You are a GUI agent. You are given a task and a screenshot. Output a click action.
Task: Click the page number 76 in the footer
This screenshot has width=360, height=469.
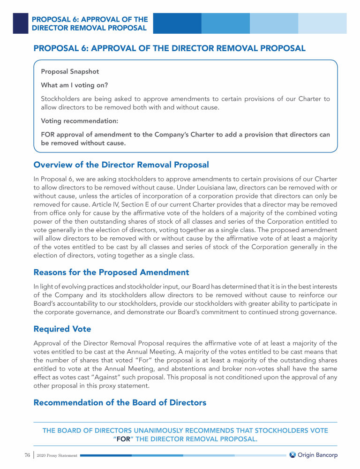[x=27, y=455]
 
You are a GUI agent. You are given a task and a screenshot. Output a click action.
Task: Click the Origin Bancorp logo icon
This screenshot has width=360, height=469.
[x=292, y=454]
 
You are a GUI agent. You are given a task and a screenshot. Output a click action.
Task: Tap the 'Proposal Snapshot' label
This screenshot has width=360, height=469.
[x=70, y=72]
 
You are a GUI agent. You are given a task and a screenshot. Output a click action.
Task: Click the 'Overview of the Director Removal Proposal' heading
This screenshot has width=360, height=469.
[x=121, y=165]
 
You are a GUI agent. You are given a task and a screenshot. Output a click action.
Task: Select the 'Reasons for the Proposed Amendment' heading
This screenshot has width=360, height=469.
[x=111, y=272]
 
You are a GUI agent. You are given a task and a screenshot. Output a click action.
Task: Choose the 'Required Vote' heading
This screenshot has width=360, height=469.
[x=62, y=329]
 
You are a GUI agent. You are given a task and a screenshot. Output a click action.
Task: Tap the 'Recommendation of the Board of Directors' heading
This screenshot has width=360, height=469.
[x=120, y=402]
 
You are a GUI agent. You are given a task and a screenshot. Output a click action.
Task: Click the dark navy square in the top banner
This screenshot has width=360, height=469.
[x=20, y=23]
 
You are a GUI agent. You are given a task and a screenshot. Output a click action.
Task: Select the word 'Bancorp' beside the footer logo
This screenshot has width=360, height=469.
[x=327, y=455]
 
